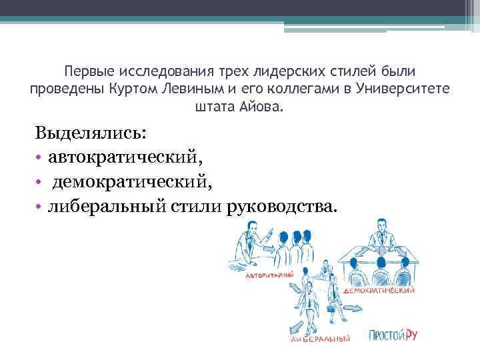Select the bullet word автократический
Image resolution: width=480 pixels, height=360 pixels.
coord(123,157)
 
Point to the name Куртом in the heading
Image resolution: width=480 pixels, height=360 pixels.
coord(158,89)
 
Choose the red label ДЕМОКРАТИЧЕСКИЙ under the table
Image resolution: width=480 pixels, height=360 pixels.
coord(381,291)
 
